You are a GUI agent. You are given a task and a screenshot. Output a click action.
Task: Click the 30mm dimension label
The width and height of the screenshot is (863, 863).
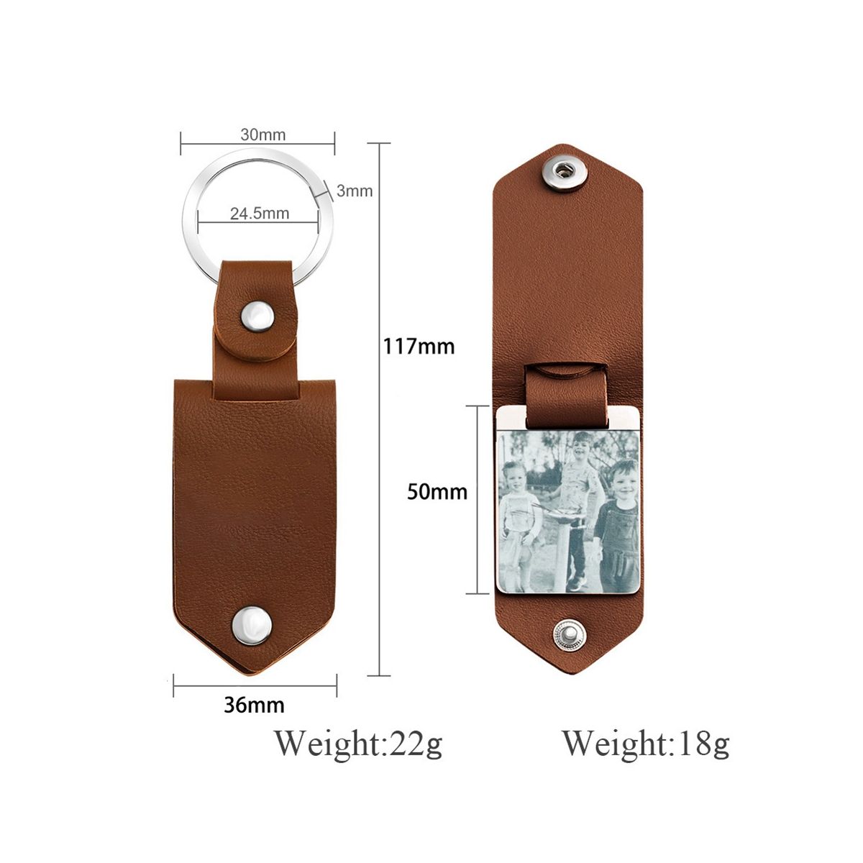coord(263,134)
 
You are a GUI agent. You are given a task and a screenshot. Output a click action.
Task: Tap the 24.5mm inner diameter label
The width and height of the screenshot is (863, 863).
coord(260,213)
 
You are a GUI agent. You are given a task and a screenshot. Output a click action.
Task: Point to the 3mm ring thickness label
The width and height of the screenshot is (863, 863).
coord(355,191)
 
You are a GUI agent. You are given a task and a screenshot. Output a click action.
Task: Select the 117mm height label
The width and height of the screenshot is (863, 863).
coord(419,347)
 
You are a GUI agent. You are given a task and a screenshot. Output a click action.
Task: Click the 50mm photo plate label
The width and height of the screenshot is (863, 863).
coord(437,492)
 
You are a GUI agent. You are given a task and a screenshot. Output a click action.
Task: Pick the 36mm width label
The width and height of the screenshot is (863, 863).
coord(254,705)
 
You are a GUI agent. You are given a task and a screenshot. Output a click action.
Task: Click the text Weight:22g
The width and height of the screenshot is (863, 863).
coord(358,744)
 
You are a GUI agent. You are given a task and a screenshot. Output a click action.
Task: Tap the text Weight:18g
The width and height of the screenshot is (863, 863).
coord(646,744)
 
